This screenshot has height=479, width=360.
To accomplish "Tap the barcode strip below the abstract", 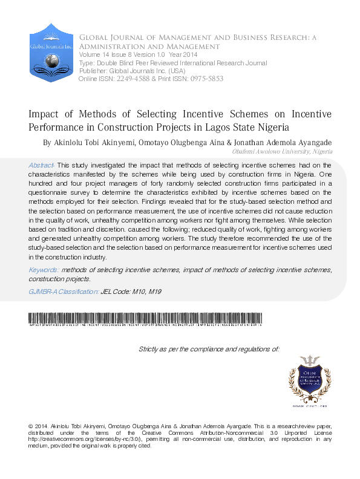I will tap(145, 319).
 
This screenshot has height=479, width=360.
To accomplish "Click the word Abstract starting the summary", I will tap(41, 165).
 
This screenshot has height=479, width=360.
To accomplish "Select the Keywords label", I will tap(43, 269).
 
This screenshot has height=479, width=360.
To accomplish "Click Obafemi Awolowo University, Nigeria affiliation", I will tap(282, 152).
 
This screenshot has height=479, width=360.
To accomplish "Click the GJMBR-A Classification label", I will tap(64, 292).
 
